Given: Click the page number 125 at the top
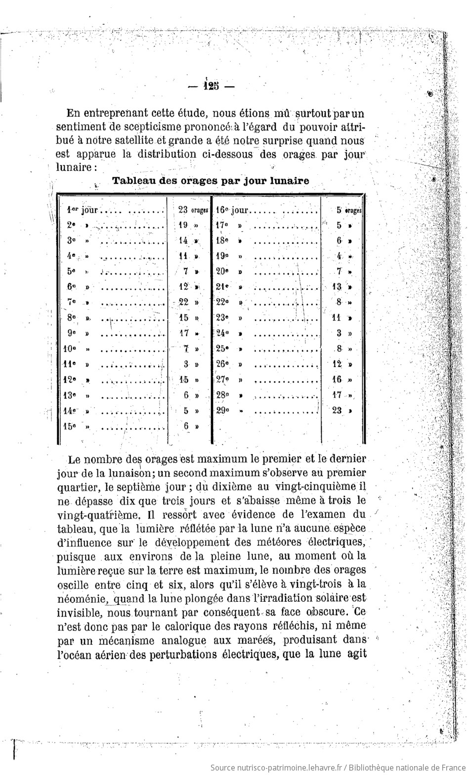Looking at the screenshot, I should tap(211, 86).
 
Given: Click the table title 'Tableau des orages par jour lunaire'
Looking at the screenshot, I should tap(211, 181).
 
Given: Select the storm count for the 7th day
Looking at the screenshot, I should tap(183, 302).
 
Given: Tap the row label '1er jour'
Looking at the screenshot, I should tap(82, 210).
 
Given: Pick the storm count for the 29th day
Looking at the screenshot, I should tap(337, 410).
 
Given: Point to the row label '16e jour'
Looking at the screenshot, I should tap(232, 210).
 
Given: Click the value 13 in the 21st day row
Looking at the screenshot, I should tap(337, 287).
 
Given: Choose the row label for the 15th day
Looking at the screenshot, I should tap(70, 426).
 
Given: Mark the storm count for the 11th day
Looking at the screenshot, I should tap(186, 364).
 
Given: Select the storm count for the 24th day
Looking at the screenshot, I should tap(340, 333).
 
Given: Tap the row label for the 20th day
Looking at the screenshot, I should tap(222, 271).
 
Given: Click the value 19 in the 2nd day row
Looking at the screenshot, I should tap(183, 225).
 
